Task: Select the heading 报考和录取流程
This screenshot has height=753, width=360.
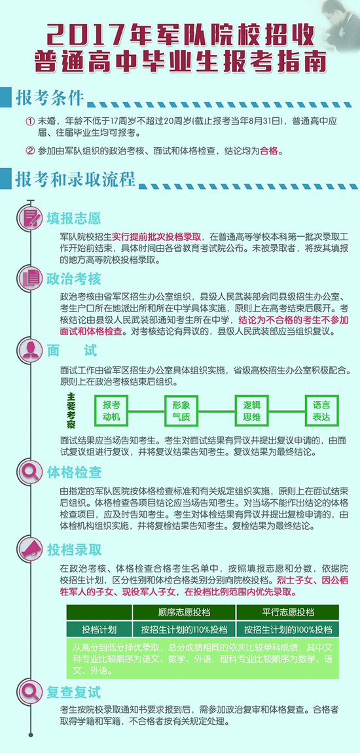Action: point(75,179)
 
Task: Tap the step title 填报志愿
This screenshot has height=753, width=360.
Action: point(74,219)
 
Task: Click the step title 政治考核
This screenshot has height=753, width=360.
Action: point(74,279)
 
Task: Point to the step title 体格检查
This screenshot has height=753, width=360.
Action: point(74,472)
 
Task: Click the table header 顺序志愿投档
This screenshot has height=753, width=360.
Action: point(184,612)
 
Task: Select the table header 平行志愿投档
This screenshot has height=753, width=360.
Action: point(287,612)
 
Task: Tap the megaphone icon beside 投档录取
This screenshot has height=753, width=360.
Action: point(31,548)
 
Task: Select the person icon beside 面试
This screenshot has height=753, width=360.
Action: point(31,350)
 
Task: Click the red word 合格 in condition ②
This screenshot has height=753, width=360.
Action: point(269,151)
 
